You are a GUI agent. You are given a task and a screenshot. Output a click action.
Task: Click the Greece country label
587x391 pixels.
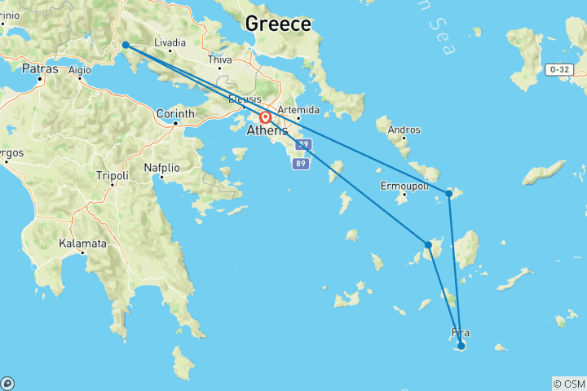pyautogui.click(x=278, y=24)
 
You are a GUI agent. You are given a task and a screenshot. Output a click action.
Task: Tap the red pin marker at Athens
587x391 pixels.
pyautogui.click(x=266, y=117)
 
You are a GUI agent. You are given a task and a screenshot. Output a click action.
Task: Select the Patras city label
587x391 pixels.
pyautogui.click(x=39, y=69)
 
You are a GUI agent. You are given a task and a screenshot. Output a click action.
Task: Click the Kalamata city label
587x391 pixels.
pyautogui.click(x=82, y=244)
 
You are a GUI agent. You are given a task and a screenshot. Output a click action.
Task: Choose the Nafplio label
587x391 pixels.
pyautogui.click(x=161, y=168)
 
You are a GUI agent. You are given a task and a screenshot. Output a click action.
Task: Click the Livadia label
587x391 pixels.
pyautogui.click(x=170, y=42)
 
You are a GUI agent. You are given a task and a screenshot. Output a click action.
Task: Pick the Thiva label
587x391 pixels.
pyautogui.click(x=220, y=59)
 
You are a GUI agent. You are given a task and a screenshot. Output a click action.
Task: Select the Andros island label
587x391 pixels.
pyautogui.click(x=405, y=130)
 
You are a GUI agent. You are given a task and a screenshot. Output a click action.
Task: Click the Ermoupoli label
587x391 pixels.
pyautogui.click(x=404, y=186)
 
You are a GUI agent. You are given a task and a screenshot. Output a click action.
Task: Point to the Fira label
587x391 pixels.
pyautogui.click(x=460, y=332)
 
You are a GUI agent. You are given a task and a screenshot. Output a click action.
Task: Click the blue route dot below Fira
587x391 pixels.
pyautogui.click(x=461, y=346)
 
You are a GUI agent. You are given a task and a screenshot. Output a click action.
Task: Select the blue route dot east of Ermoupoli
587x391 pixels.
pyautogui.click(x=449, y=194)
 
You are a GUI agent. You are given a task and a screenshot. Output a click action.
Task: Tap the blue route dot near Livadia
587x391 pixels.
pyautogui.click(x=126, y=45)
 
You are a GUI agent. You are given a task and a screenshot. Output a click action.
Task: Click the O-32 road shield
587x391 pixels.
pyautogui.click(x=559, y=69)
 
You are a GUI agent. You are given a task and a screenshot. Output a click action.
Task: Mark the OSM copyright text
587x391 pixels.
pyautogui.click(x=568, y=384)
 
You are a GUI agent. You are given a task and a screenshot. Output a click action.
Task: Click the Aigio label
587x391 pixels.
pyautogui.click(x=80, y=70)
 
